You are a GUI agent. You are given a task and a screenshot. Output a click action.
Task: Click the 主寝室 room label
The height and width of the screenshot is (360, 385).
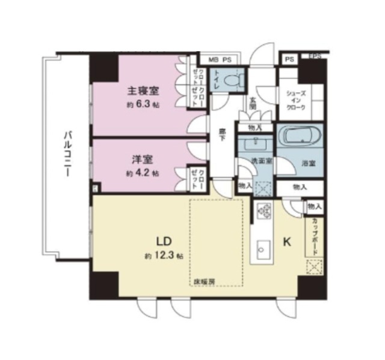click(x=143, y=92)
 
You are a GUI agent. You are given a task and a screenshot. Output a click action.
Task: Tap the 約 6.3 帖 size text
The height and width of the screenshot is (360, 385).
click(x=143, y=104)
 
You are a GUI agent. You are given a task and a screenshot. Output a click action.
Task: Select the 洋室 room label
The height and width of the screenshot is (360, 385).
click(x=143, y=160)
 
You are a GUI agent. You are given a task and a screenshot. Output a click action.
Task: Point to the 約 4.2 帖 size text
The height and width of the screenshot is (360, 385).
click(x=143, y=173)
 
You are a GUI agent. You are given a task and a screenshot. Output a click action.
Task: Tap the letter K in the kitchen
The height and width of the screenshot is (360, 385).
click(x=287, y=243)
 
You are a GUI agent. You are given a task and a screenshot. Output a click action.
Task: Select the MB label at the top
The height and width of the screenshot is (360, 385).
click(x=214, y=60)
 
